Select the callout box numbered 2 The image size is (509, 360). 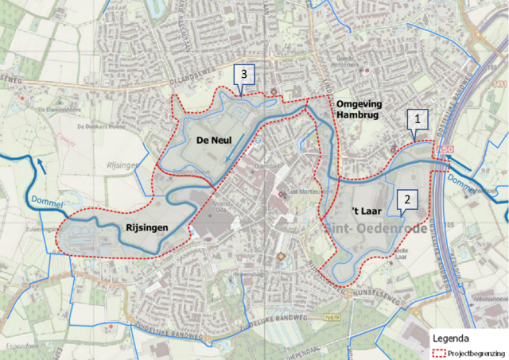click(407, 199)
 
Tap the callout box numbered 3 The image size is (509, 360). click(245, 75)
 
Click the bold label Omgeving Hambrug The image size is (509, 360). click(359, 110)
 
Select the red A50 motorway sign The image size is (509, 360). click(441, 149)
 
